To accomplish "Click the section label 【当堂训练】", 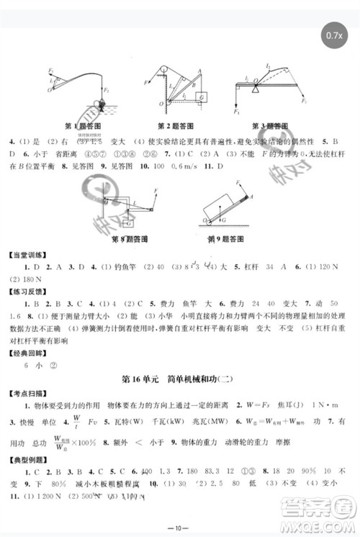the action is point(29,253).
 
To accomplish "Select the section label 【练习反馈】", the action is point(29,291).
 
